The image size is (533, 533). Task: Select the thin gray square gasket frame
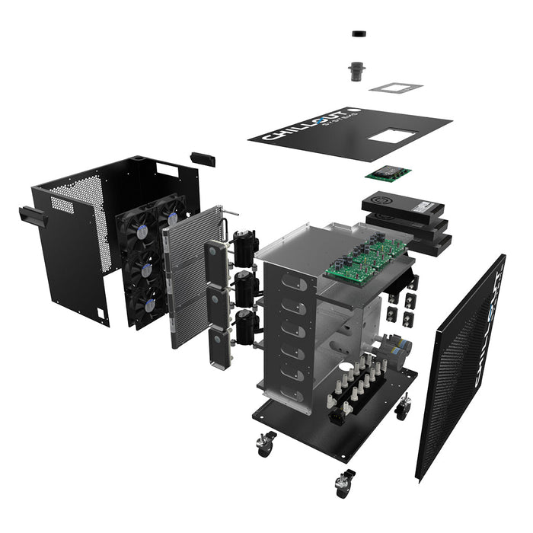click(396, 86)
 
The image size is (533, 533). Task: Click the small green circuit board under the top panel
click(388, 174)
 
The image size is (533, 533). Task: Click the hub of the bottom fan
click(150, 304)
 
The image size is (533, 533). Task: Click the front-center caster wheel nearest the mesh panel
click(343, 482)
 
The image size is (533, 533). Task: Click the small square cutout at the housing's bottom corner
click(100, 312)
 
